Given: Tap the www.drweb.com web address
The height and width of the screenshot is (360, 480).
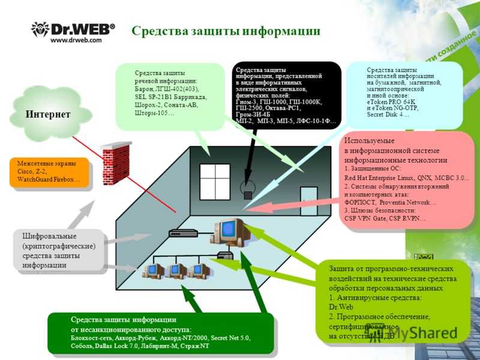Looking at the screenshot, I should click(x=76, y=40).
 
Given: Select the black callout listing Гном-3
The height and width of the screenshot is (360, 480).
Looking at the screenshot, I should click(x=287, y=94).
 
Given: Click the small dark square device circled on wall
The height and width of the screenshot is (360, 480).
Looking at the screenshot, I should click(x=247, y=194).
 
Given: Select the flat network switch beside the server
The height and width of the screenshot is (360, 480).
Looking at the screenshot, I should click(x=184, y=233).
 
